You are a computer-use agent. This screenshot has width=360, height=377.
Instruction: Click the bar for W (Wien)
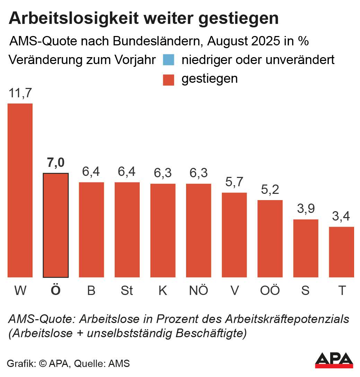[x=20, y=190]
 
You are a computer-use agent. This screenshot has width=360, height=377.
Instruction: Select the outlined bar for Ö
[x=55, y=225]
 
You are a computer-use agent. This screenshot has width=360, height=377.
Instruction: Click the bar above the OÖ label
[x=270, y=239]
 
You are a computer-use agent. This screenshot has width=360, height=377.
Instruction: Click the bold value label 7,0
[x=55, y=163]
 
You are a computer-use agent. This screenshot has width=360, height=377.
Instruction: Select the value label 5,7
[x=234, y=182]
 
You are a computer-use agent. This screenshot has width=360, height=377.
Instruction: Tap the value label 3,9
[x=306, y=209]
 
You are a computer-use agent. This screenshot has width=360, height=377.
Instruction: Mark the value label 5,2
[x=270, y=190]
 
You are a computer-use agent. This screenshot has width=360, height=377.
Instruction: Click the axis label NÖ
[x=199, y=290]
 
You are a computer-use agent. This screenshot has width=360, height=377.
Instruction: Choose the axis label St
[x=127, y=290]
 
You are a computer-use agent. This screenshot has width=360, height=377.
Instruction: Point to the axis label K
[x=163, y=290]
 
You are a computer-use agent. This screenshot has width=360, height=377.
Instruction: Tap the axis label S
[x=305, y=290]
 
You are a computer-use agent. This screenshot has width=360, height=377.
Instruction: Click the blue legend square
[x=168, y=60]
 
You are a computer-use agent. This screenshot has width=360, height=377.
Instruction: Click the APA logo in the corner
[x=334, y=360]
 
